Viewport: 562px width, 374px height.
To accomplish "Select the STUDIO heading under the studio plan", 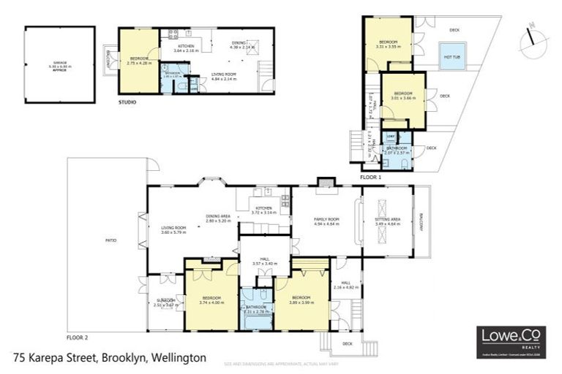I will pos(127,102).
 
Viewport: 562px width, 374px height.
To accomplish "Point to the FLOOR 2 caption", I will pos(77,338).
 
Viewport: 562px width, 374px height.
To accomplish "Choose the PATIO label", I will pos(111,240).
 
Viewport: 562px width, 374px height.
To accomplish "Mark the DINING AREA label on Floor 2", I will pos(218,217).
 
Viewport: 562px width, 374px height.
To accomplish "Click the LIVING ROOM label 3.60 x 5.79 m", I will pos(173,232).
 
